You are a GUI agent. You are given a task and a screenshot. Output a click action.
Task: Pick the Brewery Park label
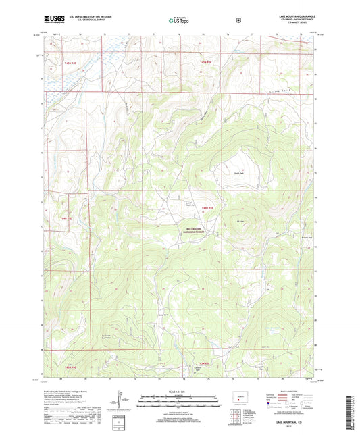(x=308, y=236)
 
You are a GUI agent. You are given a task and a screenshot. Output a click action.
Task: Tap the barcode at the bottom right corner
(x=354, y=412)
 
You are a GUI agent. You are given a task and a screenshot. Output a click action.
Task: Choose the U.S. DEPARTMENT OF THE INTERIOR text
(x=85, y=18)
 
